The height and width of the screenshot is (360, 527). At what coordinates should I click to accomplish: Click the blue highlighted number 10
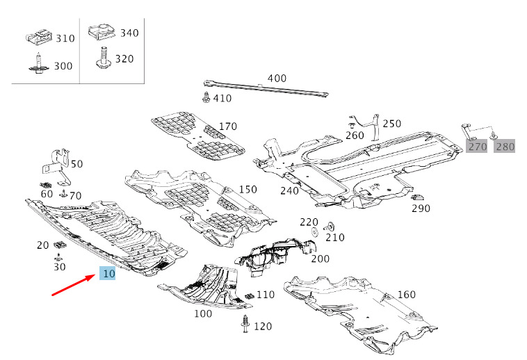point(108,273)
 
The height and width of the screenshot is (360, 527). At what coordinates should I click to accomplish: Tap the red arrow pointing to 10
point(73,285)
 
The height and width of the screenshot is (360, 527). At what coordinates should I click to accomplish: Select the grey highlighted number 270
point(477,147)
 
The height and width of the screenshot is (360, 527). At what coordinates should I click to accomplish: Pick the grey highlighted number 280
point(505,147)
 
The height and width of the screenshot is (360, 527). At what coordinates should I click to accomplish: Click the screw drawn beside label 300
point(39,63)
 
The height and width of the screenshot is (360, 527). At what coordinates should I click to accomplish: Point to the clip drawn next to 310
point(39,36)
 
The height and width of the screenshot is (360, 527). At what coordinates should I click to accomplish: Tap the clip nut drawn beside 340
point(102,31)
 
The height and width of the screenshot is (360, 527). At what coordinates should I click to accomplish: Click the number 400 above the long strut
point(277,79)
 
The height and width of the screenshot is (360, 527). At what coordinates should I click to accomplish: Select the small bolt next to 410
point(206,97)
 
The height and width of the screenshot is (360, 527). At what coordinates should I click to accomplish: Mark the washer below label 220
point(315,232)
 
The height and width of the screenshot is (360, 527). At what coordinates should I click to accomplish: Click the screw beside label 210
point(329,227)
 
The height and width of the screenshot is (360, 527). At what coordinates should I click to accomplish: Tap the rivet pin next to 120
point(245,324)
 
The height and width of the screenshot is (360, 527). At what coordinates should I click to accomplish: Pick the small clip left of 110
point(250,295)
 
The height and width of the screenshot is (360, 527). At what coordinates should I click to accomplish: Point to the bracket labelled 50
point(57,167)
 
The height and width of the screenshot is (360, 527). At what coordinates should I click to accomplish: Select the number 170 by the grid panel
point(228,126)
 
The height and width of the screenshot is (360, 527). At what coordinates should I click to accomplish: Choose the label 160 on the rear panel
point(406,295)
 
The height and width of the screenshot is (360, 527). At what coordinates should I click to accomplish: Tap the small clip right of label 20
point(60,245)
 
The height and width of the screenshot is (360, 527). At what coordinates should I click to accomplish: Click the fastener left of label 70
point(63,193)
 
